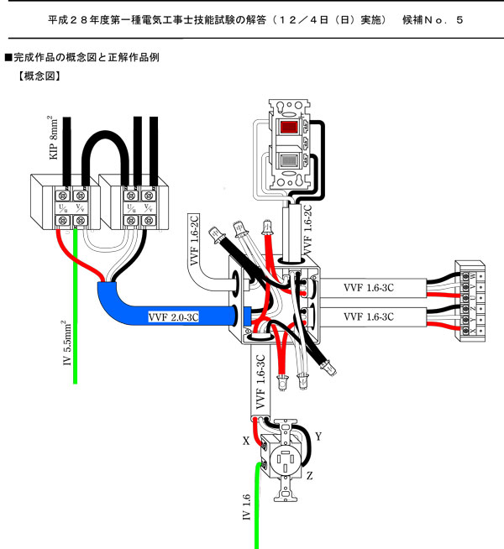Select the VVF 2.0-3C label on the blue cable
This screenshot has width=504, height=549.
[x=176, y=317]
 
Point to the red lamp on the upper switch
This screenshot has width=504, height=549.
[x=290, y=129]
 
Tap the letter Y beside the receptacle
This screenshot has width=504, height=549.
[x=318, y=437]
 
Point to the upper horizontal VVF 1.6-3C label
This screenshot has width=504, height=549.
[x=370, y=287]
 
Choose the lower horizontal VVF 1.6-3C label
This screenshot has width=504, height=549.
[x=370, y=317]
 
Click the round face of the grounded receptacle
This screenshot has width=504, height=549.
[x=284, y=461]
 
